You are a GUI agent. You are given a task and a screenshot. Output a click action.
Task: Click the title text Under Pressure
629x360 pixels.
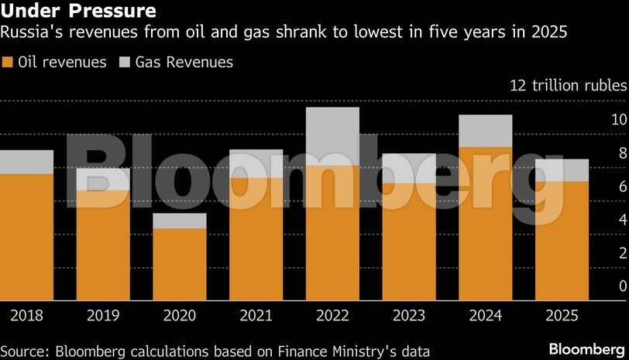[x=79, y=11]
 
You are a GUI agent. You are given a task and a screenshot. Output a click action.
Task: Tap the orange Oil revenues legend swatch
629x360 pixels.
[x=8, y=63]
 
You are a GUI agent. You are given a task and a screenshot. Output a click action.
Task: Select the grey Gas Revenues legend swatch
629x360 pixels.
[x=125, y=63]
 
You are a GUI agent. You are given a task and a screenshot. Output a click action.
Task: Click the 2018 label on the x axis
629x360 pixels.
[x=26, y=315]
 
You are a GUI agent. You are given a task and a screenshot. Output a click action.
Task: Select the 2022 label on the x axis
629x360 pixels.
[x=332, y=315]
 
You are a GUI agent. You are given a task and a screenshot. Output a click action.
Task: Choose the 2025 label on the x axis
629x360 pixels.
[x=562, y=315]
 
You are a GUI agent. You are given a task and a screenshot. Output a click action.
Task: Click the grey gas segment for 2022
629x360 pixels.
[x=332, y=136]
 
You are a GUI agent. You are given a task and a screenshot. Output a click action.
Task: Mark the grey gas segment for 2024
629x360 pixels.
[x=485, y=131]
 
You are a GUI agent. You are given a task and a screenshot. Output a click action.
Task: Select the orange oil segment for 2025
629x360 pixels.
[x=562, y=240]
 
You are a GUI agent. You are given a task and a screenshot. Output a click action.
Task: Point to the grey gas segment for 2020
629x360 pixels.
[x=180, y=221]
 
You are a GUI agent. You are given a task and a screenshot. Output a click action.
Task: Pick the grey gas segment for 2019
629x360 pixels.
[x=103, y=179]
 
